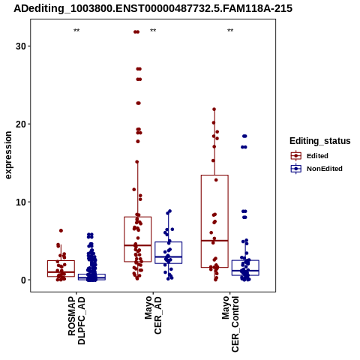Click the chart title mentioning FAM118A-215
coord(153,8)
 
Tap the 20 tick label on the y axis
coord(21,124)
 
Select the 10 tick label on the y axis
coord(21,202)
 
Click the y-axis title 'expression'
coord(8,155)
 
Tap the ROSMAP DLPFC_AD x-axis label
coord(76,321)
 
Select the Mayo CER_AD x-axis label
coord(153,315)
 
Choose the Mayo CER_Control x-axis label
coord(230,324)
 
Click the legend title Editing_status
coord(320,141)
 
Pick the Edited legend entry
coord(310,156)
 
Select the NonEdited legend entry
coord(316,169)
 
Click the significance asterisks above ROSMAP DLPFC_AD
coord(76,31)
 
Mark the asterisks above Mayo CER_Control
coord(230,31)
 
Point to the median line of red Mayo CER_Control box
coord(214,241)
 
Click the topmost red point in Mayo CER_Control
coord(214,109)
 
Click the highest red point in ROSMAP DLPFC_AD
coord(61,230)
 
